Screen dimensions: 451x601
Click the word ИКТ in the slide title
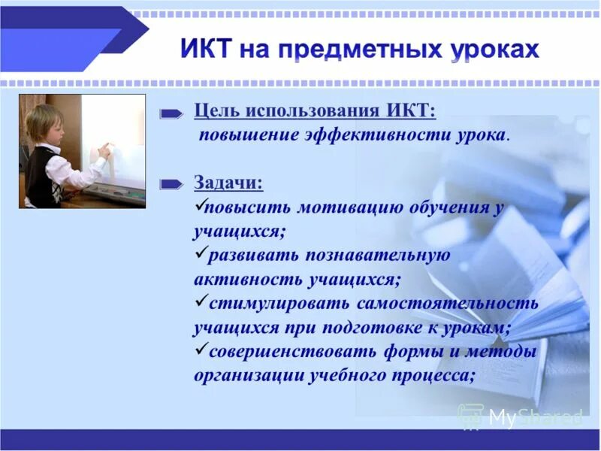(x=207, y=50)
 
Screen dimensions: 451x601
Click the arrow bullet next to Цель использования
(x=172, y=114)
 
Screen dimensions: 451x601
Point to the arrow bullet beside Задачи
(x=172, y=183)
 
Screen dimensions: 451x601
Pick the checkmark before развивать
(x=200, y=254)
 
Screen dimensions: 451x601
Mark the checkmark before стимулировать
(x=200, y=302)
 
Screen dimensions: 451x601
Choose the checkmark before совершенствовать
(x=200, y=350)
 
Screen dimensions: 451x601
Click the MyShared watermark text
(x=536, y=416)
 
